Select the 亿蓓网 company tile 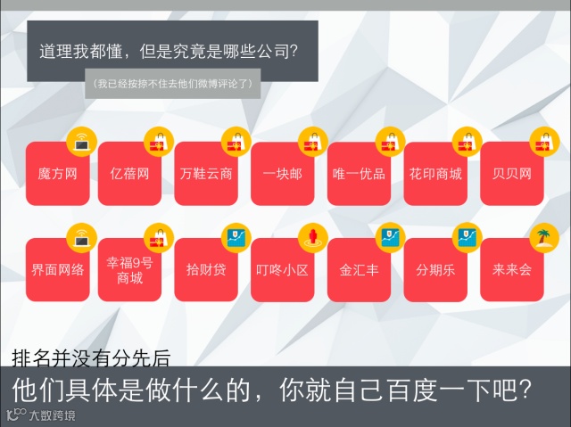(x=129, y=174)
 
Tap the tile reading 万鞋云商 (x=206, y=174)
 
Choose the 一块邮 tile (x=282, y=174)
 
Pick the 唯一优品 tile (x=359, y=174)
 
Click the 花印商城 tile (x=435, y=174)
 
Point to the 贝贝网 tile (x=511, y=174)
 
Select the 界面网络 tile (x=57, y=269)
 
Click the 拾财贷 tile (x=206, y=269)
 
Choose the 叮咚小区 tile (x=282, y=269)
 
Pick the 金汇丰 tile (x=359, y=269)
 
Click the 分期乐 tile (x=435, y=269)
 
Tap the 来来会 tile (x=511, y=269)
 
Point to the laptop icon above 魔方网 (x=82, y=141)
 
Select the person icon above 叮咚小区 (x=312, y=236)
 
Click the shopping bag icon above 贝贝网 (x=543, y=141)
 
